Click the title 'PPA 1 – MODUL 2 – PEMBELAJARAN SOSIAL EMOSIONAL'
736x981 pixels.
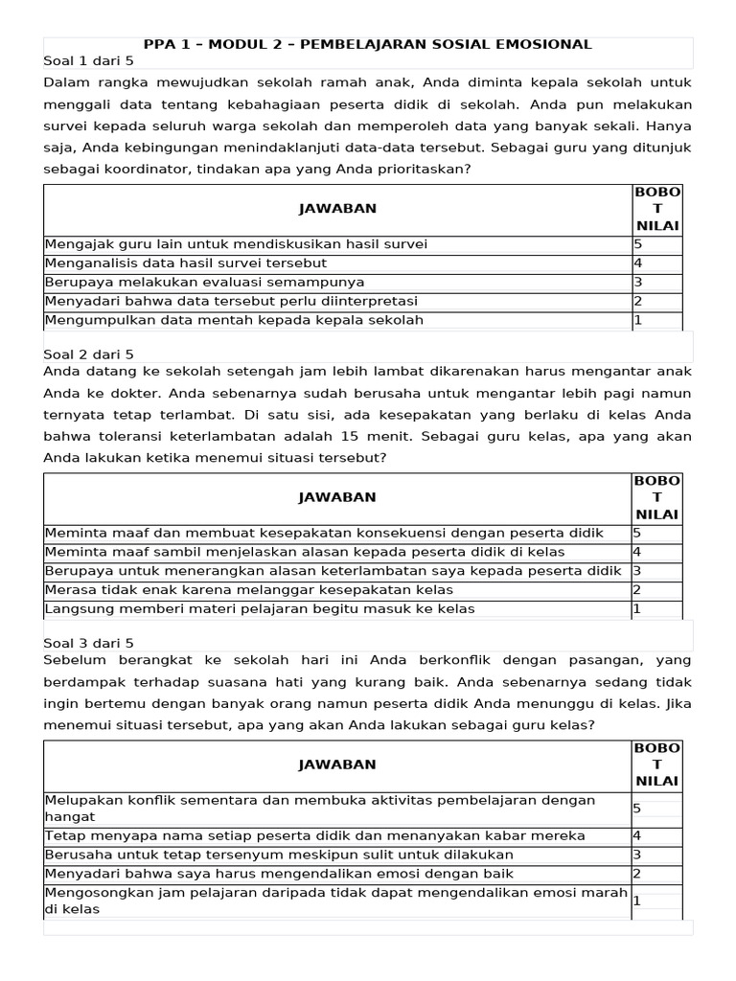pos(367,44)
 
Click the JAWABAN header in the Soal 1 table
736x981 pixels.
pos(337,209)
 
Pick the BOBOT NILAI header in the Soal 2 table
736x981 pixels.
pos(656,497)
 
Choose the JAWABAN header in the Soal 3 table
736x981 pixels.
pos(337,764)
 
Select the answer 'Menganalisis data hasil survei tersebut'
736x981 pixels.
pos(186,262)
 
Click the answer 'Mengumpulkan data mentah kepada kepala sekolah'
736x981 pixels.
pos(234,320)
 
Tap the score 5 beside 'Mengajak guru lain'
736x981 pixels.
pos(637,243)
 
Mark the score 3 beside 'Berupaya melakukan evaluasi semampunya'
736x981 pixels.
pos(637,282)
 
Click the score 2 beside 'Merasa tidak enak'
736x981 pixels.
pos(637,589)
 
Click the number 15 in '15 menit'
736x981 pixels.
pos(425,435)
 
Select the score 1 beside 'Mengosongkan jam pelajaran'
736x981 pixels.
pos(637,901)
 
